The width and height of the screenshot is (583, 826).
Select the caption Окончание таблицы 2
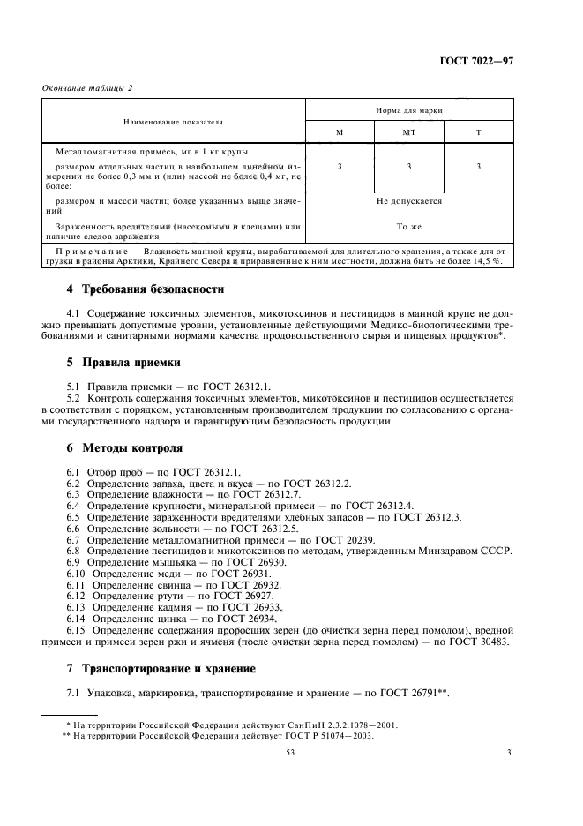click(x=82, y=87)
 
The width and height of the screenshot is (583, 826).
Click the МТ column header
click(x=408, y=131)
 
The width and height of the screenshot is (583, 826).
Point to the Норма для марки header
click(x=408, y=111)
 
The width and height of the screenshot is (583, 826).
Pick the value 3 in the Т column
click(x=478, y=166)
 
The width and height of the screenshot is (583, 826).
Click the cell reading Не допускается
click(x=408, y=201)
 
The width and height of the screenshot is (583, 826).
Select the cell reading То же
click(x=408, y=227)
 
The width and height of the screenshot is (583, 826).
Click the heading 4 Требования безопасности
click(x=146, y=289)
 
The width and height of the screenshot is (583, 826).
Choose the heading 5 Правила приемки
click(x=124, y=362)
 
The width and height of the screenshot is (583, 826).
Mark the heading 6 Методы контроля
click(x=125, y=448)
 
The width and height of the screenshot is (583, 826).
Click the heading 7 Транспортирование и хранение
click(x=168, y=668)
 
